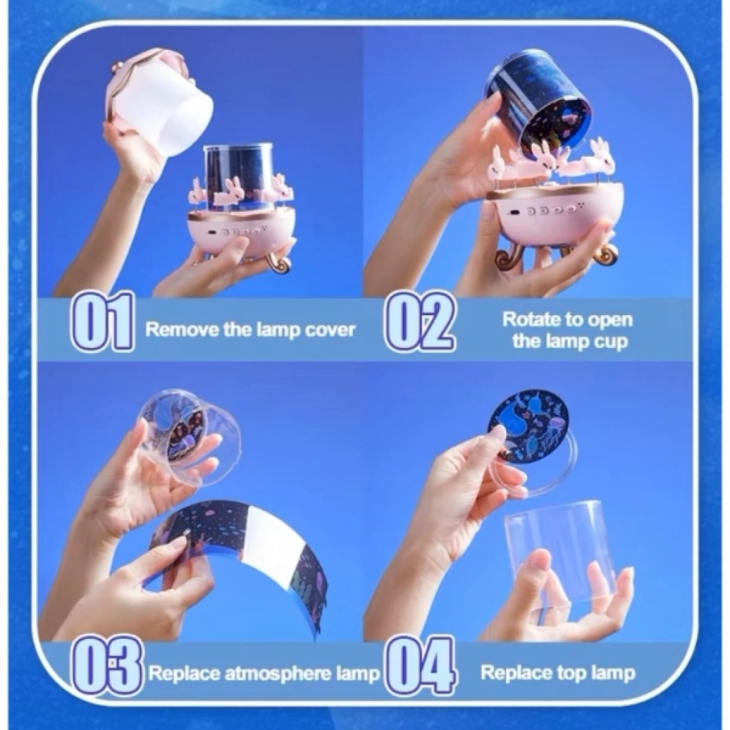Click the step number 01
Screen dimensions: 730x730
coord(103,321)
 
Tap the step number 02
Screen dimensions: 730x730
coord(421,321)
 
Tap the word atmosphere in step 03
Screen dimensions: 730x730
coord(271,674)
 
